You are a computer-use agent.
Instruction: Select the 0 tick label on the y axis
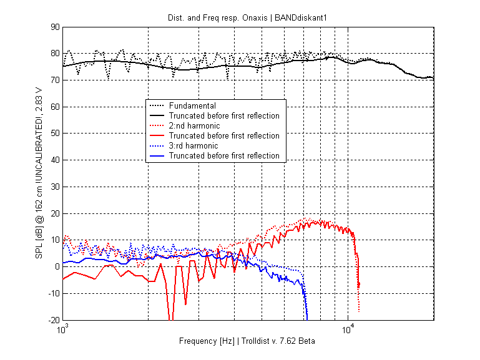tap(57, 267)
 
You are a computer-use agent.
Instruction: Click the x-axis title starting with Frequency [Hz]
tap(247, 341)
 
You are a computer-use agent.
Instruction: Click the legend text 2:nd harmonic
tap(195, 126)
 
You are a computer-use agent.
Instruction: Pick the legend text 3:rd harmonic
tap(194, 146)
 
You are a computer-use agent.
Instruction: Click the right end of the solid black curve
tap(433, 78)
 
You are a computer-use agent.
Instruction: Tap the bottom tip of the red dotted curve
tap(359, 311)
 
